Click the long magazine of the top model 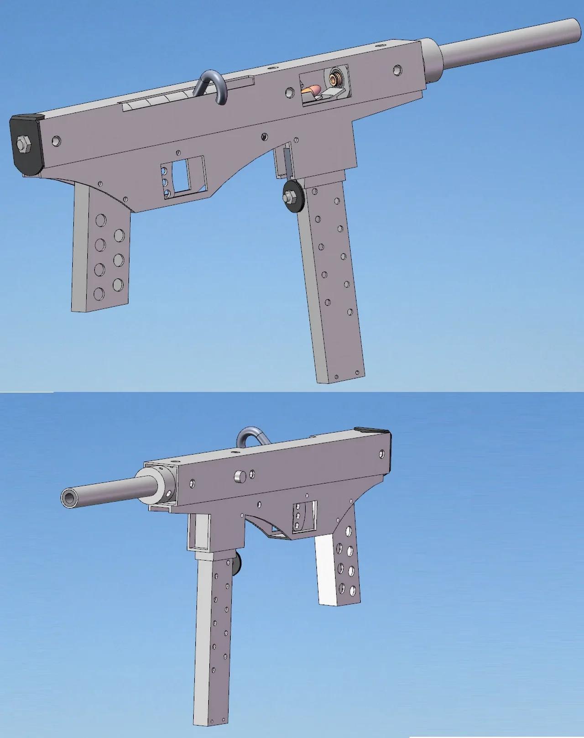333,283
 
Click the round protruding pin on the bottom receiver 240,476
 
